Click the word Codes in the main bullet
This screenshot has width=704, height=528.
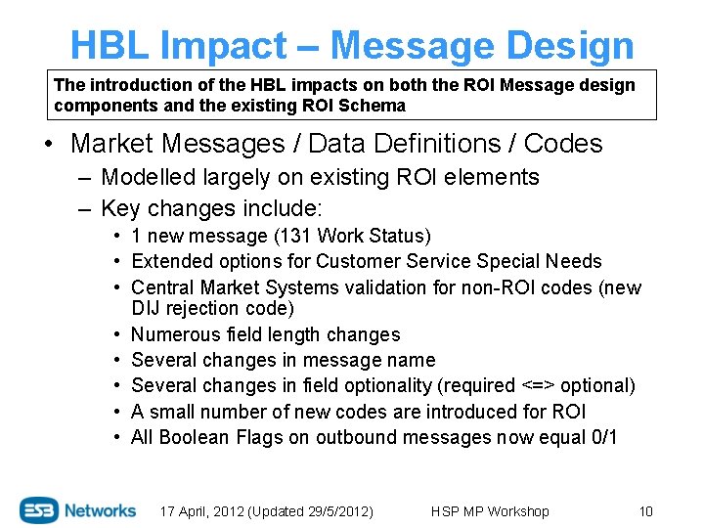pyautogui.click(x=563, y=144)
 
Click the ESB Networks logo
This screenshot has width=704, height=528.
pyautogui.click(x=78, y=509)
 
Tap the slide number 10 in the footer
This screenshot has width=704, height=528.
pyautogui.click(x=645, y=511)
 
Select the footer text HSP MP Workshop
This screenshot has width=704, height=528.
pyautogui.click(x=490, y=511)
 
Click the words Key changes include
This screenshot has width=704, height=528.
pyautogui.click(x=211, y=208)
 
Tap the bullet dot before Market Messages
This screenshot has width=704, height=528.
pyautogui.click(x=48, y=145)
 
